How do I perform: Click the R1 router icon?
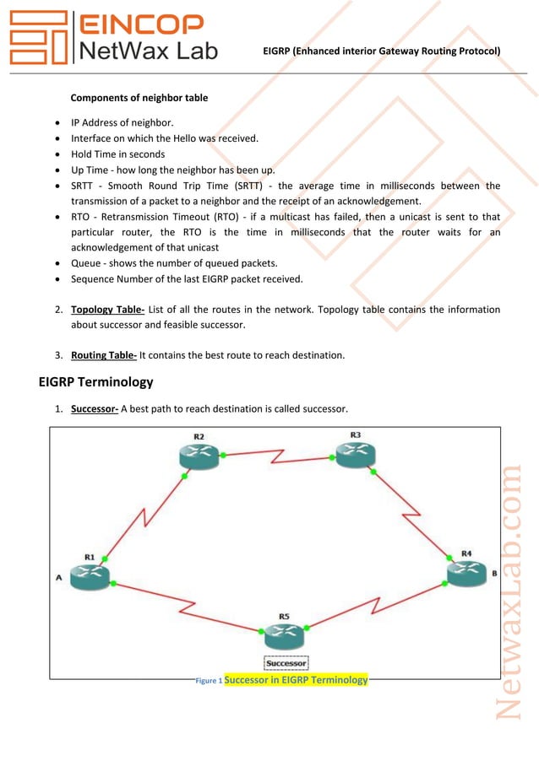tap(90, 575)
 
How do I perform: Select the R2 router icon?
tap(199, 456)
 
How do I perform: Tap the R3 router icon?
tap(355, 453)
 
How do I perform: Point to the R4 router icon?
tap(466, 573)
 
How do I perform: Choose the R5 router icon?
tap(284, 634)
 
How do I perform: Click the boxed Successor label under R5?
tap(286, 663)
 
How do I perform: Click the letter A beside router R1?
tap(58, 578)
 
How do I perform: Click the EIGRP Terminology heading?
tap(96, 382)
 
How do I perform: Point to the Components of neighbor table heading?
tap(139, 98)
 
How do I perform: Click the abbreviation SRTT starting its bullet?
tap(84, 186)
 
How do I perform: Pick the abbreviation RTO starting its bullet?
tap(82, 217)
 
